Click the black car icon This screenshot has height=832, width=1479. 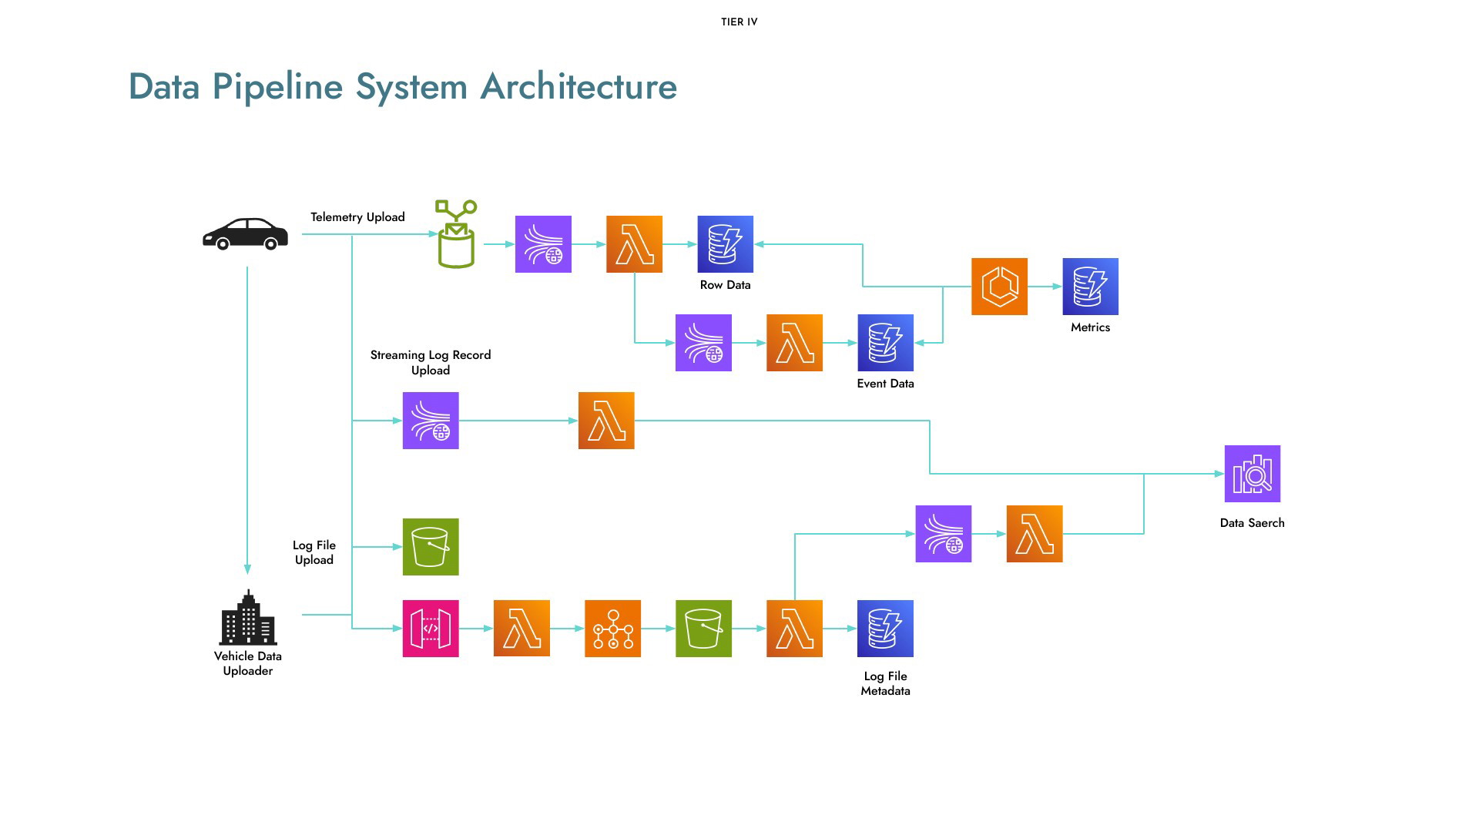click(x=245, y=234)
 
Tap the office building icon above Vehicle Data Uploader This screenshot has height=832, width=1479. click(x=248, y=617)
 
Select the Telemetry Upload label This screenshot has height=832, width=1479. click(x=357, y=217)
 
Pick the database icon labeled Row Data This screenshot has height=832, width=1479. click(x=726, y=244)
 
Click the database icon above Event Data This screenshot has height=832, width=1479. click(x=886, y=343)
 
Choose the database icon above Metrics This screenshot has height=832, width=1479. click(x=1091, y=287)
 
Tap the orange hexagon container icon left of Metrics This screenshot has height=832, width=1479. click(x=1000, y=287)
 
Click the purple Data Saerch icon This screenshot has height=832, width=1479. click(x=1253, y=474)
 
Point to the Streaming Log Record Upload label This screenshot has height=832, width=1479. click(x=431, y=362)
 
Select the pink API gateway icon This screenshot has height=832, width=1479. click(x=431, y=629)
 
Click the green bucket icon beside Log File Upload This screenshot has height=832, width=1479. click(x=431, y=547)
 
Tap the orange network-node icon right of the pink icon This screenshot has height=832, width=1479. click(x=613, y=629)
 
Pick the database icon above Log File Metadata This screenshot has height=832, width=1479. click(x=886, y=629)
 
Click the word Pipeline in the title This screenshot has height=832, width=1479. click(x=277, y=86)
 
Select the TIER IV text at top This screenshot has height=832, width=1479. click(x=739, y=22)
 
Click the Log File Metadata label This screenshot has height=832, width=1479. click(x=886, y=683)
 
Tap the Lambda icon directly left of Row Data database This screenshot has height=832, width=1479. click(x=635, y=244)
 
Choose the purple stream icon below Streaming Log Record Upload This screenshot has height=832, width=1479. click(x=431, y=421)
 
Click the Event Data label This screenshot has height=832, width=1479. click(x=886, y=384)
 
